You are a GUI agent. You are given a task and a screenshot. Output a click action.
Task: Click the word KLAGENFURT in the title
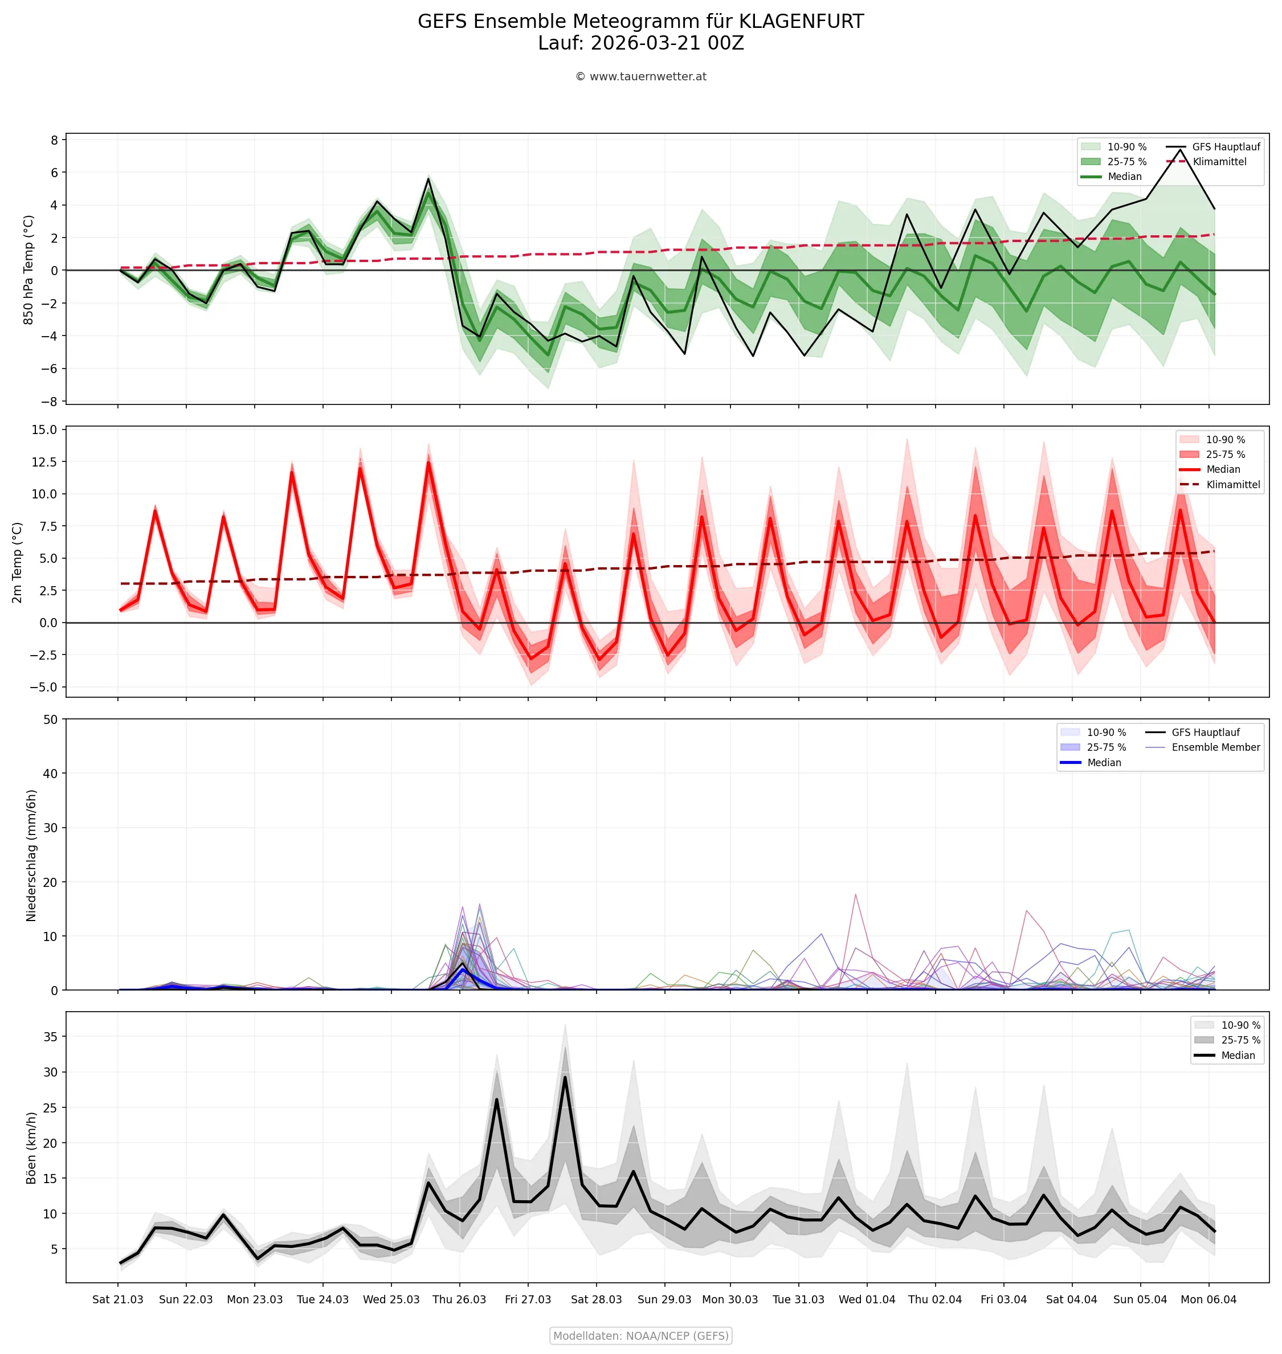(801, 22)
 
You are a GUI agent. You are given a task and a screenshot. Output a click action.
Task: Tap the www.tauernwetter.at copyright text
(640, 76)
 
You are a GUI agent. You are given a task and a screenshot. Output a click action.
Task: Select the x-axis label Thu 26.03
(459, 1299)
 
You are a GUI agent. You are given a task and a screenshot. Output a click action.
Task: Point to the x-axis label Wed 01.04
(867, 1299)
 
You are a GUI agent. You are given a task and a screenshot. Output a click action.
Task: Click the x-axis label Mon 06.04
(1208, 1299)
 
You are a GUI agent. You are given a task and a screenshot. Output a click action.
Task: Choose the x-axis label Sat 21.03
(117, 1299)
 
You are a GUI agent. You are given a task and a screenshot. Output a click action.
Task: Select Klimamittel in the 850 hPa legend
(1219, 162)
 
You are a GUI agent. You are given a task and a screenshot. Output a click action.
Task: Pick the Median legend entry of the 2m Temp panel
(1223, 469)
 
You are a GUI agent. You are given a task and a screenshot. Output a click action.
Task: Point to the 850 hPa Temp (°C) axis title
(28, 270)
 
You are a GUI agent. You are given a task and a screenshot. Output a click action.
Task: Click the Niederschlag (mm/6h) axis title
(31, 856)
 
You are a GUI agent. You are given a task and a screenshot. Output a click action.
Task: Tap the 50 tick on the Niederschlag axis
(51, 719)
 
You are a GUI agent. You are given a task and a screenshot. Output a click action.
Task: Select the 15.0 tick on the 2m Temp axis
(44, 429)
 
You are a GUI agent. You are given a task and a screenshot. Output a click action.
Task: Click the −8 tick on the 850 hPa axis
(49, 402)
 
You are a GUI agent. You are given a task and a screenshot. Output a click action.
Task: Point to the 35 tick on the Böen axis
(51, 1036)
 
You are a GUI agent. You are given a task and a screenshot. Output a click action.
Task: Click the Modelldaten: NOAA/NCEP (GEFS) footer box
(640, 1336)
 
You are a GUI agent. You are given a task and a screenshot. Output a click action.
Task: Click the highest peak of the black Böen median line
(565, 1077)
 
